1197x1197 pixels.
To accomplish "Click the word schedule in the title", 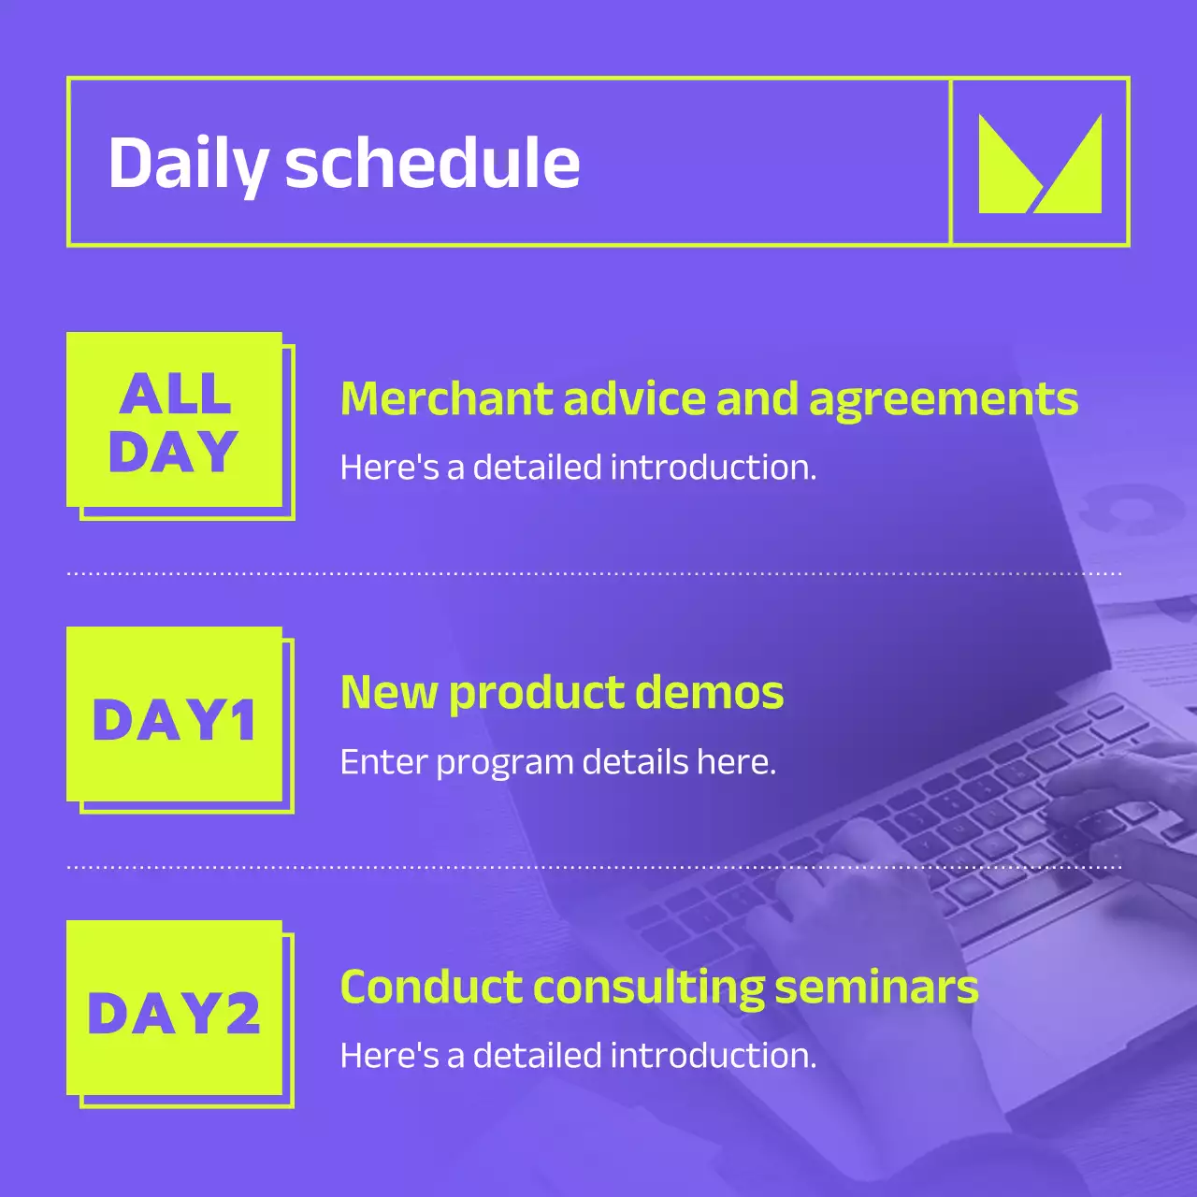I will pyautogui.click(x=432, y=164).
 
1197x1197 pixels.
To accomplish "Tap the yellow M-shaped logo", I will pyautogui.click(x=1039, y=164).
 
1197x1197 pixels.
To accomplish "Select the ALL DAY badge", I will pyautogui.click(x=175, y=421).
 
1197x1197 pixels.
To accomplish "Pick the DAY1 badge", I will pyautogui.click(x=175, y=715).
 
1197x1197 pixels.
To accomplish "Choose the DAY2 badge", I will pyautogui.click(x=175, y=1009).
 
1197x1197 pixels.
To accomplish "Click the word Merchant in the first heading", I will pyautogui.click(x=447, y=399).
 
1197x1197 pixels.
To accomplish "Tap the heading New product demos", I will pyautogui.click(x=561, y=694).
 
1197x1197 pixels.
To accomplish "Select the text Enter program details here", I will pyautogui.click(x=557, y=762).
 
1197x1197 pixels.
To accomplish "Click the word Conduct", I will pyautogui.click(x=432, y=988).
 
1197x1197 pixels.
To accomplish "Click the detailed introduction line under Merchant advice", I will pyautogui.click(x=578, y=468).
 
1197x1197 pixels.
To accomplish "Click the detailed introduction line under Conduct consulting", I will pyautogui.click(x=578, y=1056).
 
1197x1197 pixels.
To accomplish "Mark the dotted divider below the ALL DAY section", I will pyautogui.click(x=595, y=573).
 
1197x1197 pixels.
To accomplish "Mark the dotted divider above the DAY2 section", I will pyautogui.click(x=595, y=868).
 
